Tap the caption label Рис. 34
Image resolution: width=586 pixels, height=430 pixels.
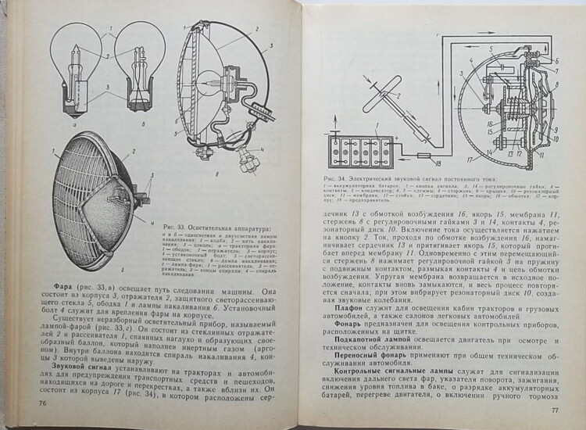click(x=334, y=180)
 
